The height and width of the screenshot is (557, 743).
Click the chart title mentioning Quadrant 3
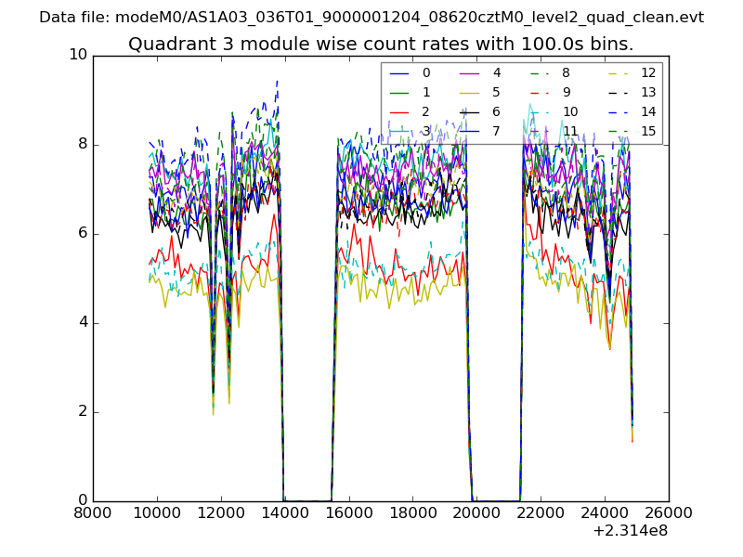381,44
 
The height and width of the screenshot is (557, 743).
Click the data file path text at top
371,18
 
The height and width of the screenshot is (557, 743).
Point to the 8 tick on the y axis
81,144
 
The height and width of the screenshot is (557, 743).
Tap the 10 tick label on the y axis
78,55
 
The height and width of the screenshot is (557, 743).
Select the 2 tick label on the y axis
81,411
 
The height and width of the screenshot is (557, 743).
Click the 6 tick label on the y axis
81,233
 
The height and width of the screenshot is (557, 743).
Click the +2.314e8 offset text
629,531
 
